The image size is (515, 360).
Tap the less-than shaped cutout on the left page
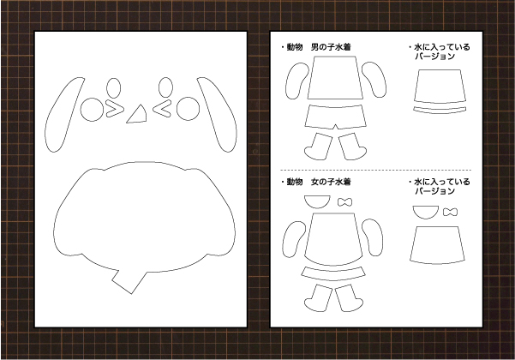tap(162, 110)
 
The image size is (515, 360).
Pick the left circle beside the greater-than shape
tap(92, 110)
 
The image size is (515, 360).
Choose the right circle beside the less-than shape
tap(188, 109)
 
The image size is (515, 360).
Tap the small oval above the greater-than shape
tap(114, 87)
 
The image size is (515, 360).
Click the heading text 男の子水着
tap(331, 47)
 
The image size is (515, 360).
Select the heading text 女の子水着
tap(331, 182)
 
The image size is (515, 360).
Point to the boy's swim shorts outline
tap(335, 117)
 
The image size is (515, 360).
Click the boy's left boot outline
tap(318, 147)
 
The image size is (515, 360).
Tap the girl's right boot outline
tap(349, 297)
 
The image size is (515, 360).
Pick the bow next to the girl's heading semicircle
tap(344, 202)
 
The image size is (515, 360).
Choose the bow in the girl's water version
tap(450, 212)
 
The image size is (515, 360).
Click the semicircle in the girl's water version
tap(426, 212)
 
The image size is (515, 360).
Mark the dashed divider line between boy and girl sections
tap(375, 171)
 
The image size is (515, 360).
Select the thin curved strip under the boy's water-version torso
tap(440, 110)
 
